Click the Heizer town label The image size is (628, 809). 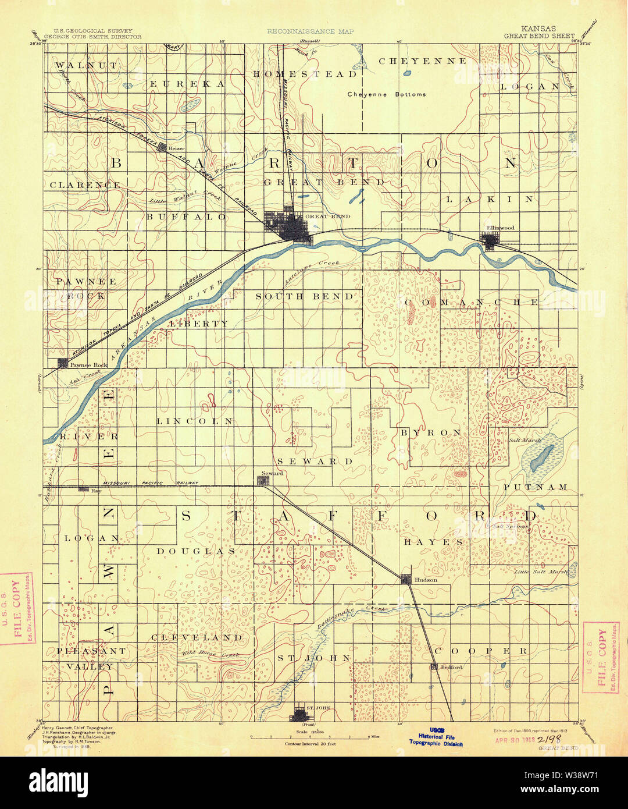[x=176, y=148]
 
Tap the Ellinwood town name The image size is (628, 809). [x=500, y=228]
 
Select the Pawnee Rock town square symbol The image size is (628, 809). [x=62, y=364]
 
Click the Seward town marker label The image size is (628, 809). [x=272, y=473]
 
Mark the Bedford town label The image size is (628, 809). [x=451, y=667]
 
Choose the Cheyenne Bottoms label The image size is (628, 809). [x=386, y=94]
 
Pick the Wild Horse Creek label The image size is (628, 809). [x=210, y=654]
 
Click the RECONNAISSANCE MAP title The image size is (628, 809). [x=310, y=31]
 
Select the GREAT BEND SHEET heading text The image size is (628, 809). [x=539, y=36]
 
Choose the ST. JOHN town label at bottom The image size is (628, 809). [x=318, y=708]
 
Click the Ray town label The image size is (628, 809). [x=97, y=491]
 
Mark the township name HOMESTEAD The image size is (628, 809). [x=305, y=74]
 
